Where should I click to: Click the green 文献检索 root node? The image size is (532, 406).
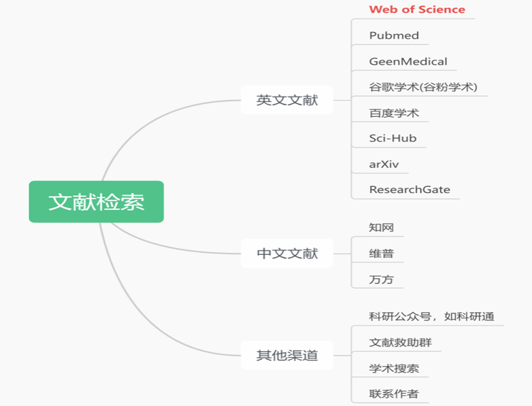click(x=96, y=202)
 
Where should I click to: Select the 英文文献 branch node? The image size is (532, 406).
click(x=286, y=100)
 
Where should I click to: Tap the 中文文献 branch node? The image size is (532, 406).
click(x=286, y=254)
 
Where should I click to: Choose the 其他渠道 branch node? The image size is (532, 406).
click(x=286, y=355)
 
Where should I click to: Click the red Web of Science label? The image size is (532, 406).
click(x=417, y=10)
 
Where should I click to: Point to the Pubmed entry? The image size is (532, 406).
click(x=394, y=35)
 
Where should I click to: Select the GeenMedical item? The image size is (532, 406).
click(x=408, y=61)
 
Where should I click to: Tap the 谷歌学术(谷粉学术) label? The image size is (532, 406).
click(x=423, y=87)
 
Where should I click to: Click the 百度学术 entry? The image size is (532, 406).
click(x=394, y=113)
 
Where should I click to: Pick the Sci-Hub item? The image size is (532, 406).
click(x=393, y=138)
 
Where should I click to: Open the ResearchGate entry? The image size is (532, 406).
click(x=410, y=190)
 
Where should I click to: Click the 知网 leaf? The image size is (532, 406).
click(x=382, y=228)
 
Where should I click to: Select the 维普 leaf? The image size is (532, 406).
click(x=382, y=254)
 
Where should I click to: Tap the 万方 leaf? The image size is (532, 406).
click(x=382, y=280)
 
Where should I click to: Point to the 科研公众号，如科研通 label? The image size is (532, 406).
click(x=431, y=316)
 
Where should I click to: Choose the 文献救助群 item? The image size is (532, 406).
click(x=400, y=342)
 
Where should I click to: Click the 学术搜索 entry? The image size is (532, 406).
click(x=394, y=369)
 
